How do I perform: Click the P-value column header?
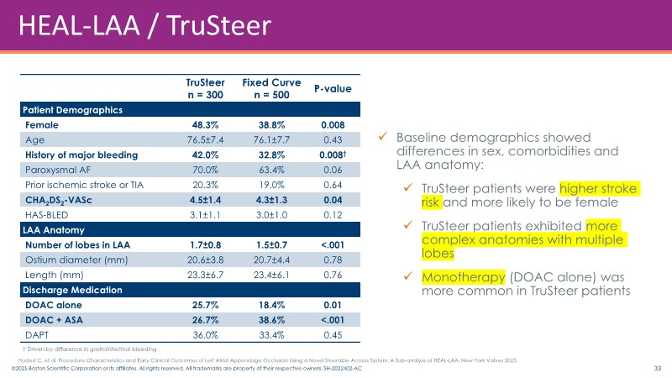point(332,88)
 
